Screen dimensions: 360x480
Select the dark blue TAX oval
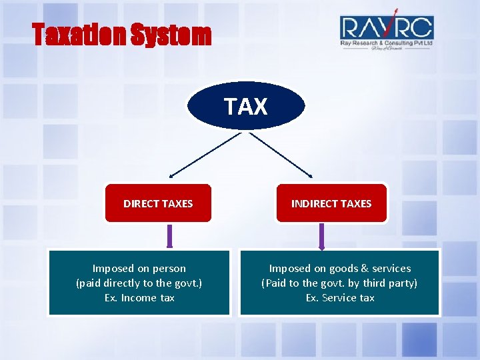tap(246, 106)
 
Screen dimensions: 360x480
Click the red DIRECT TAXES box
tap(158, 203)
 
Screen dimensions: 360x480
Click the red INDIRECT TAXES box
tap(331, 203)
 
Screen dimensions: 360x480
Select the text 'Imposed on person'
tap(139, 269)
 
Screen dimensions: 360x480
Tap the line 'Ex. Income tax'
tap(139, 298)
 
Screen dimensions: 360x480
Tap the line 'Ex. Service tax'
tap(340, 298)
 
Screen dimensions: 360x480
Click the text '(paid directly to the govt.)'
tap(139, 283)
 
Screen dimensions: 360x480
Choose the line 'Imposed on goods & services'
tap(340, 269)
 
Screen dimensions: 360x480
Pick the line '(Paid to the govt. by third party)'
tap(340, 283)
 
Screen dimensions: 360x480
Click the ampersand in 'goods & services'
tap(365, 269)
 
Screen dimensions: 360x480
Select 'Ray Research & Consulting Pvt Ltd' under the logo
tap(387, 43)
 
